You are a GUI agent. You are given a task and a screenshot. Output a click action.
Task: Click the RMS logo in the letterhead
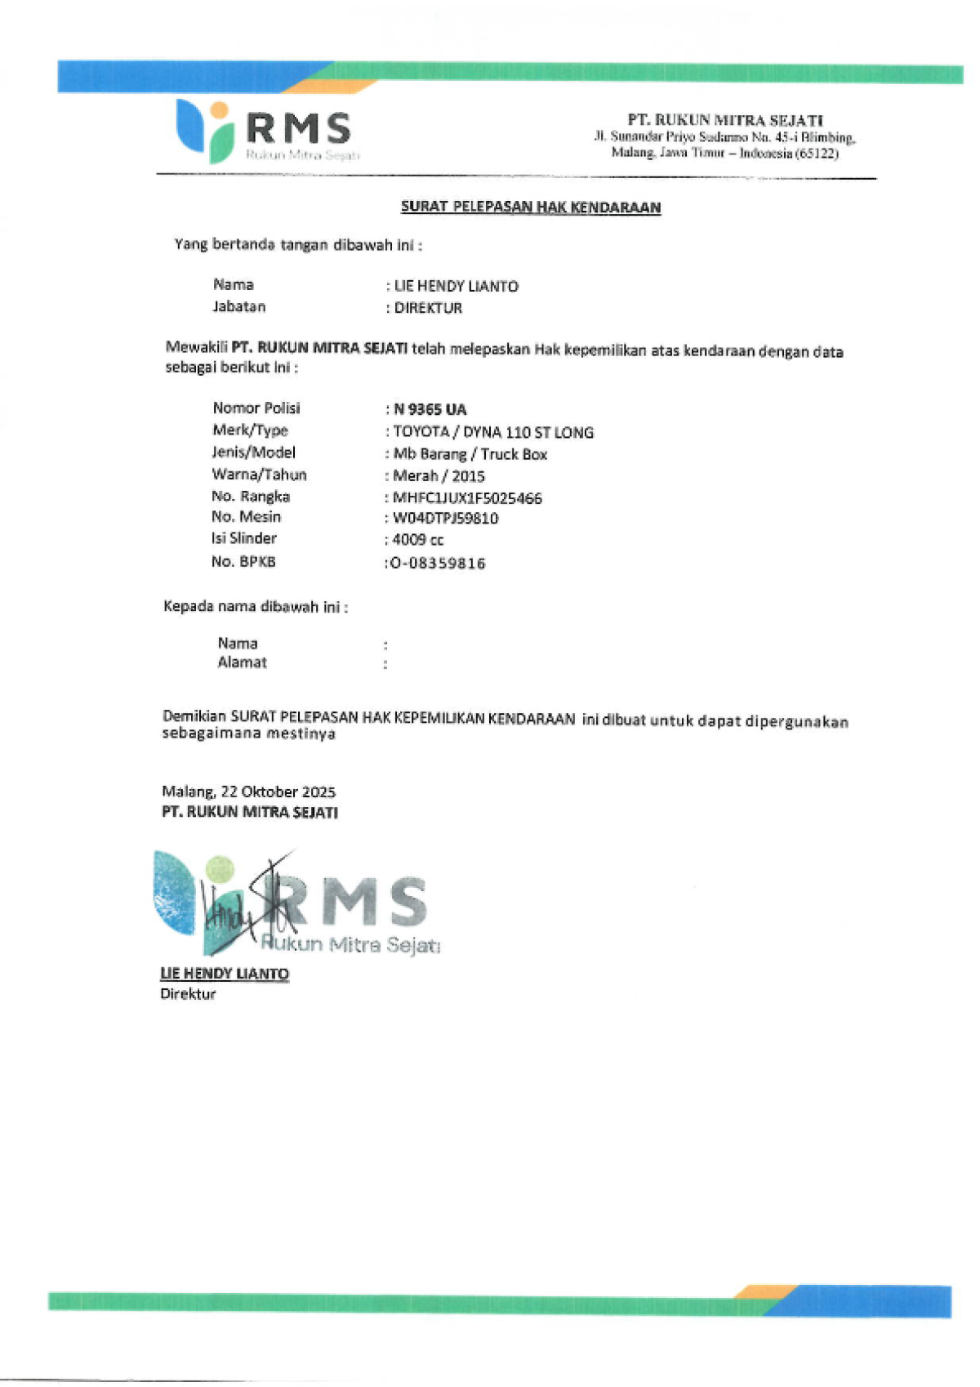(265, 131)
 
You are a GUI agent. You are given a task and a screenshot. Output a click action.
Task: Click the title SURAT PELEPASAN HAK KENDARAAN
(530, 207)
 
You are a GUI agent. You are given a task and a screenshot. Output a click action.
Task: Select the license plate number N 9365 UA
(430, 409)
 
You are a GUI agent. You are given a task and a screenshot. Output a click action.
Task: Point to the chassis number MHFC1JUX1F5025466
(467, 497)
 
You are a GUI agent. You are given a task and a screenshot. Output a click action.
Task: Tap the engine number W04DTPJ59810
(446, 518)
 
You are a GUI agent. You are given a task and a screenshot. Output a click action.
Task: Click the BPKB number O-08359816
(438, 563)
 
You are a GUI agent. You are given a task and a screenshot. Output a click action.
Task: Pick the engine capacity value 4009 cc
(418, 539)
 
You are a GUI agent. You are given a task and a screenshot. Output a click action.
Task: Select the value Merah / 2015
(439, 475)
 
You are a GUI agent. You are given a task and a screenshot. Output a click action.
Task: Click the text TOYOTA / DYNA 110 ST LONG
(493, 432)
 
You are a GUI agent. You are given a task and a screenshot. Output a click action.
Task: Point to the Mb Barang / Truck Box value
(470, 454)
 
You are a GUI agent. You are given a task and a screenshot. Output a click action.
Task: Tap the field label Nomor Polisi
(256, 408)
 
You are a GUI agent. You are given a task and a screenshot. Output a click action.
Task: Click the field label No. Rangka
(251, 496)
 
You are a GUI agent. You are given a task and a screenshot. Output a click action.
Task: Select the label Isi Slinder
(244, 538)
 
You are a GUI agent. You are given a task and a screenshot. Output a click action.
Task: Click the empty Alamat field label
(242, 662)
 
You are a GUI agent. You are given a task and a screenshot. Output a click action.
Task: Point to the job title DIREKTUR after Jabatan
(428, 308)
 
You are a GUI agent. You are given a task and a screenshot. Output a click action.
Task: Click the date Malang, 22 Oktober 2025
(249, 792)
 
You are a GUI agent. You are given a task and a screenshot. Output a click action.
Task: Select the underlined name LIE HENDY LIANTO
(225, 974)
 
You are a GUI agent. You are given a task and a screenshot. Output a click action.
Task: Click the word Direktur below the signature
(188, 994)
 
